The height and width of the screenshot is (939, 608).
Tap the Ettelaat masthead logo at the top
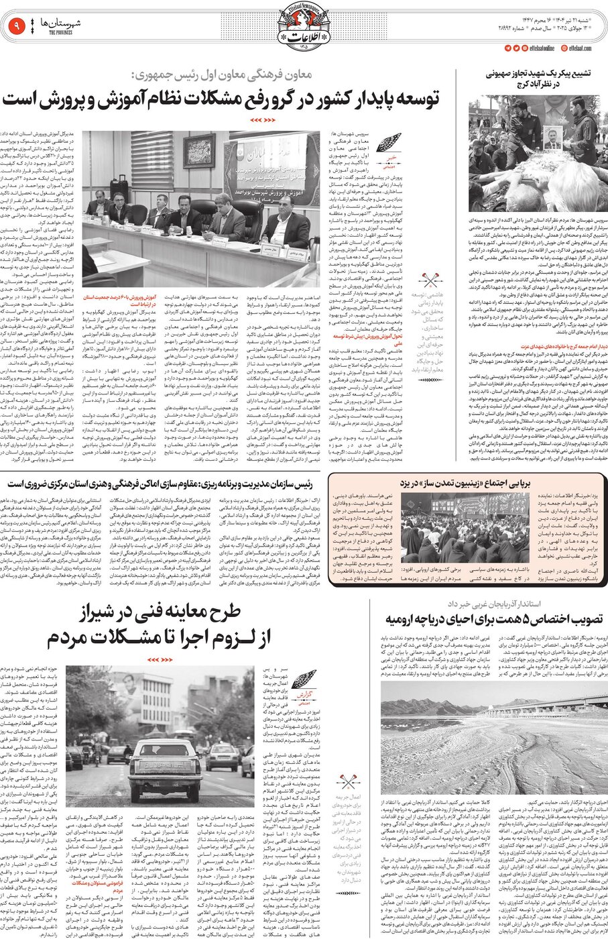303,27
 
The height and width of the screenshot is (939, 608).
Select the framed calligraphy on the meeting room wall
199,151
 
